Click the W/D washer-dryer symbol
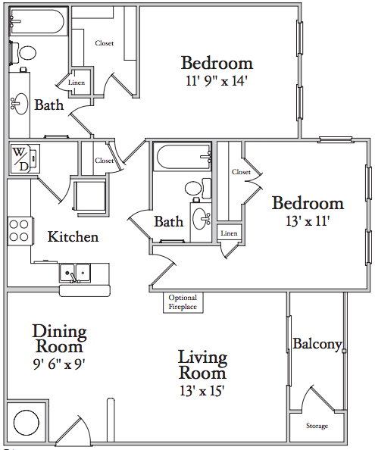pyautogui.click(x=25, y=158)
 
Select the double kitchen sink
pyautogui.click(x=75, y=273)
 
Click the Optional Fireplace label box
pyautogui.click(x=183, y=302)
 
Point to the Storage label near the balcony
pyautogui.click(x=317, y=426)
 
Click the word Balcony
pyautogui.click(x=317, y=344)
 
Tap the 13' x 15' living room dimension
pyautogui.click(x=202, y=391)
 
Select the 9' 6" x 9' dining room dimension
pyautogui.click(x=59, y=364)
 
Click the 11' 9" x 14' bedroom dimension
pyautogui.click(x=217, y=81)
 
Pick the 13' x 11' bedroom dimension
pyautogui.click(x=308, y=221)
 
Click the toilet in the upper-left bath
pyautogui.click(x=23, y=53)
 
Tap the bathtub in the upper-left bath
pyautogui.click(x=38, y=21)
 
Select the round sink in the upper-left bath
pyautogui.click(x=20, y=104)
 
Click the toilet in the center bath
pyautogui.click(x=198, y=189)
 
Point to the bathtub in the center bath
pyautogui.click(x=182, y=156)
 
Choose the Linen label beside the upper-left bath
pyautogui.click(x=77, y=83)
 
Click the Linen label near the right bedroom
pyautogui.click(x=229, y=233)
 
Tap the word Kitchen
pyautogui.click(x=73, y=237)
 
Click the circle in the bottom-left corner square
pyautogui.click(x=26, y=423)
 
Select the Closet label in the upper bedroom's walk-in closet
pyautogui.click(x=105, y=43)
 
